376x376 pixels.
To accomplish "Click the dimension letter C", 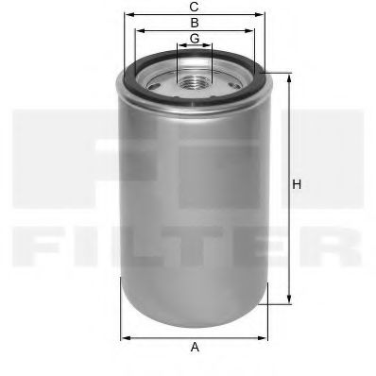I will point(194,7).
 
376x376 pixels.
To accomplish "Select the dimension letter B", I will point(194,22).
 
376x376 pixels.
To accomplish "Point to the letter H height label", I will point(297,185).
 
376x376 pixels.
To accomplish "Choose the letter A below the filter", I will point(196,348).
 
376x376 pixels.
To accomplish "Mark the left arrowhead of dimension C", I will point(123,15).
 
